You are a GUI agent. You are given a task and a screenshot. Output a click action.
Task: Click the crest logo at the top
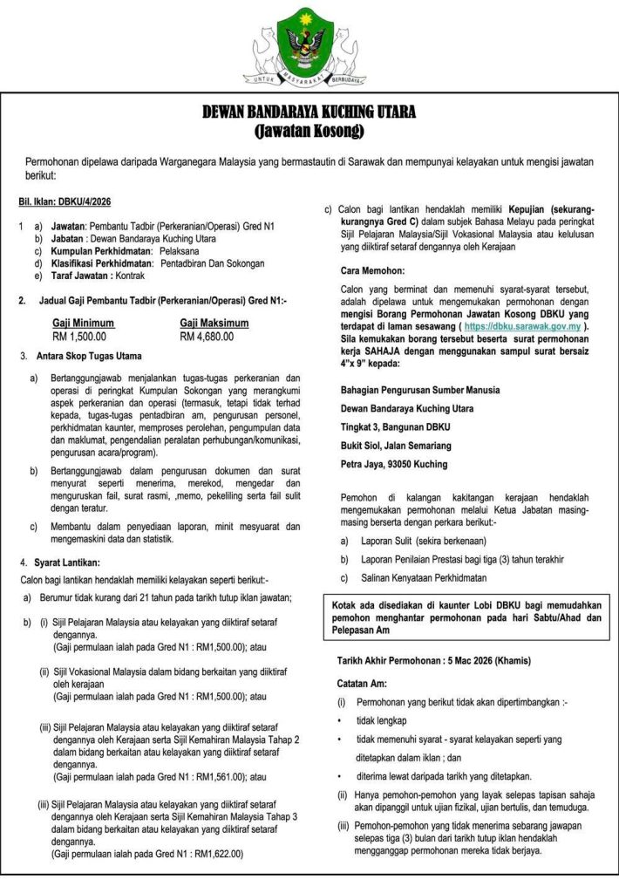click(x=309, y=49)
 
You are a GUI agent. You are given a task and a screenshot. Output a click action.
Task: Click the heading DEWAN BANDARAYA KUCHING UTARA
click(x=309, y=113)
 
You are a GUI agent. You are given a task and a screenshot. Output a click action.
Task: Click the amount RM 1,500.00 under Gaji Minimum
click(x=79, y=336)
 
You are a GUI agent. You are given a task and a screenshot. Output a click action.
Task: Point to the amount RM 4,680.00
click(x=207, y=336)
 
